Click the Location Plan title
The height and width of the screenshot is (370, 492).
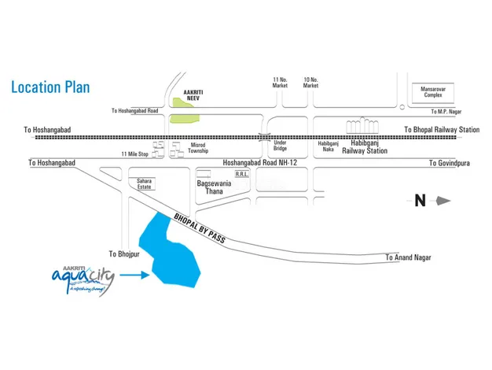50,87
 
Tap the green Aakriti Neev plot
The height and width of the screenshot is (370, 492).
185,118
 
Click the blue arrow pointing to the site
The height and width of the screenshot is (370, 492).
134,275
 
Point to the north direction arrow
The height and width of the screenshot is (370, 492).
442,201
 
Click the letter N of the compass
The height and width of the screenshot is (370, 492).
420,201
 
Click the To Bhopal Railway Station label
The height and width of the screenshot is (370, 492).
441,129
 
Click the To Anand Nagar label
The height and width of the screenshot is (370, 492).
409,257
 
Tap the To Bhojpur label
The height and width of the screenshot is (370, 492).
123,253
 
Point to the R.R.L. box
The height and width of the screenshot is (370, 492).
241,176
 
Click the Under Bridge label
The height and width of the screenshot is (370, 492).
280,146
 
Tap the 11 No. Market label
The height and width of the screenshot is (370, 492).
280,83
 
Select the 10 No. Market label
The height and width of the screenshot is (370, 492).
310,83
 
